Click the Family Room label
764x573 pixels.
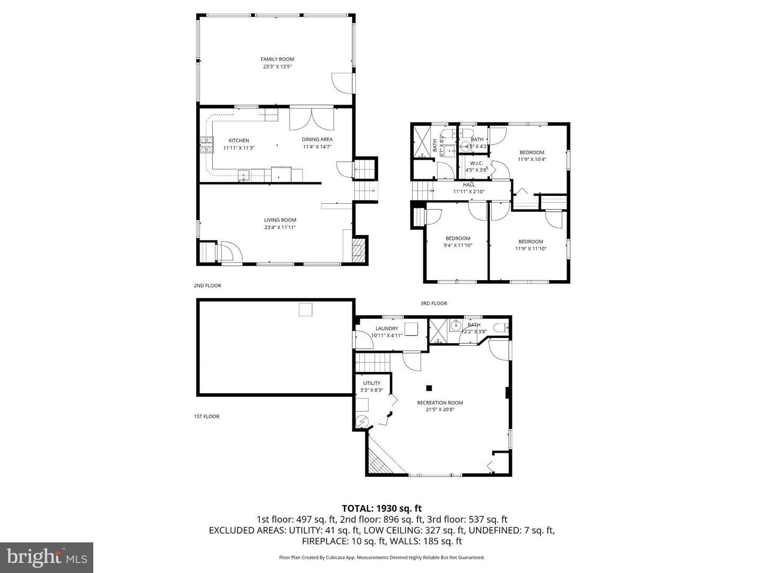click(277, 59)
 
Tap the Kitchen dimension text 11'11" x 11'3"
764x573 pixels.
click(239, 148)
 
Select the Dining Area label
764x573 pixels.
click(317, 140)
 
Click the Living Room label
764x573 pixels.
click(280, 220)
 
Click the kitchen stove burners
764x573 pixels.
click(205, 144)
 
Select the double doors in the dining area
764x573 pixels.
click(311, 119)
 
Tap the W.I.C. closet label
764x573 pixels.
click(476, 163)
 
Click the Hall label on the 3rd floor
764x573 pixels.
click(468, 185)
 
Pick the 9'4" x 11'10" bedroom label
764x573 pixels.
click(457, 239)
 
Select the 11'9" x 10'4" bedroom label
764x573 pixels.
click(532, 153)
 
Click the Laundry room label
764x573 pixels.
click(387, 328)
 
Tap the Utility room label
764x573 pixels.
click(371, 383)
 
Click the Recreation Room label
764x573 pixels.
click(440, 403)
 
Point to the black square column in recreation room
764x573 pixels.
click(429, 387)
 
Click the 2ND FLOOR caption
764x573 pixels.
click(207, 285)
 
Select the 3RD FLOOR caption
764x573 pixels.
click(433, 303)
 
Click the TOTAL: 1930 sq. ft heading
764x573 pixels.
click(381, 508)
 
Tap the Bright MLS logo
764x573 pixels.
click(47, 557)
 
